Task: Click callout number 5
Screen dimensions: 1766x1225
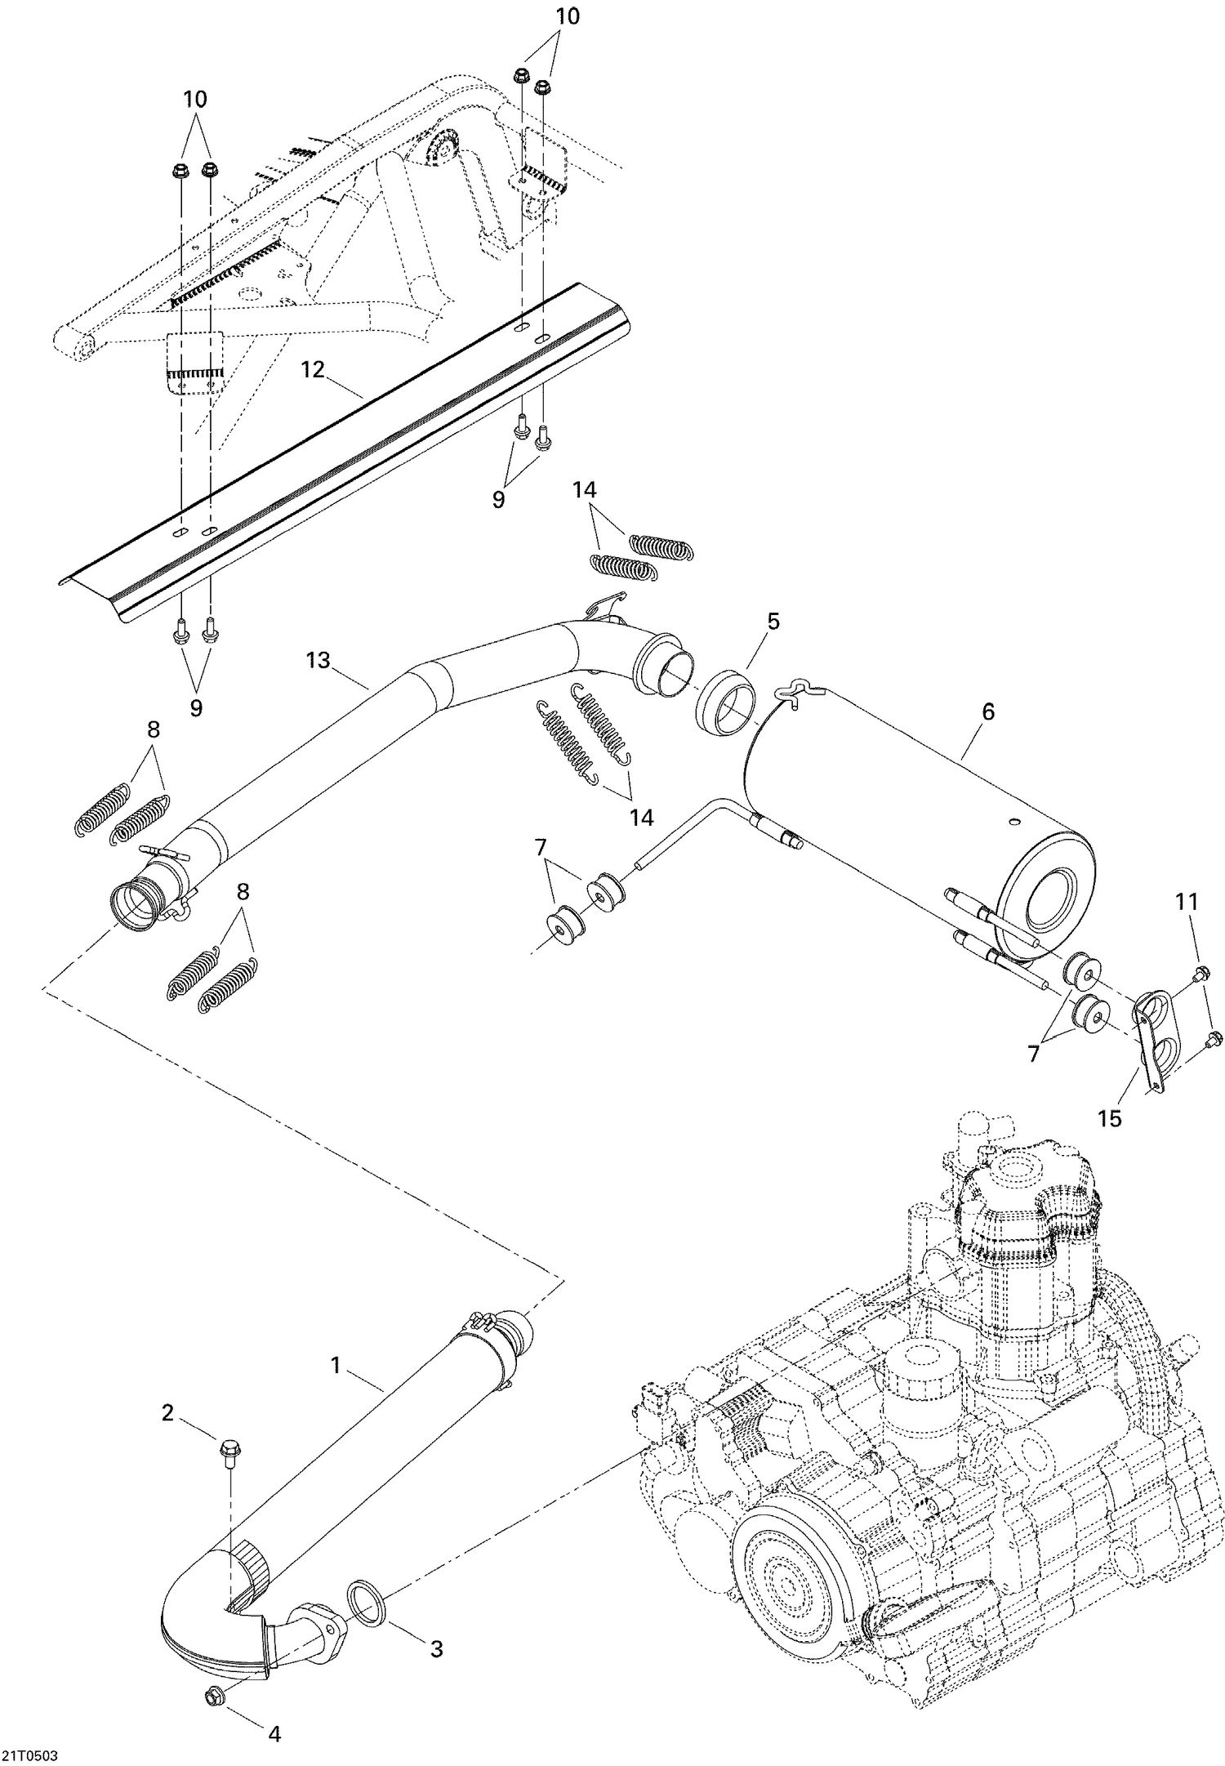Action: coord(773,621)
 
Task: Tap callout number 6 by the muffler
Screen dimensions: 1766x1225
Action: coord(988,711)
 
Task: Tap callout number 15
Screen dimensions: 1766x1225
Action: coord(1110,1117)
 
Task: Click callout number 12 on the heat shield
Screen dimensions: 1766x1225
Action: coord(313,369)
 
